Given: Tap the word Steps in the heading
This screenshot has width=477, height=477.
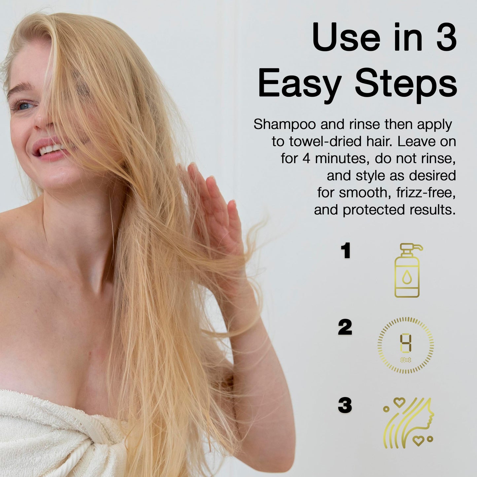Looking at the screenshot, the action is pyautogui.click(x=406, y=85).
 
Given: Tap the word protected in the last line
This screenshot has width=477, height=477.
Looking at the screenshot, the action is pyautogui.click(x=374, y=210).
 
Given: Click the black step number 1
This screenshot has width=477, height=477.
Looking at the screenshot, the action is pyautogui.click(x=346, y=251).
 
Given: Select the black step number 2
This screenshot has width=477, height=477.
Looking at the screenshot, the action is pyautogui.click(x=345, y=327).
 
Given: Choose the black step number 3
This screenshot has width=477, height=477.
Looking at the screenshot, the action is pyautogui.click(x=345, y=405).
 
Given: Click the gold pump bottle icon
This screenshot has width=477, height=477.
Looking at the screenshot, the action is pyautogui.click(x=408, y=271).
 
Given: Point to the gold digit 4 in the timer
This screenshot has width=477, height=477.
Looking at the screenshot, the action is pyautogui.click(x=406, y=343).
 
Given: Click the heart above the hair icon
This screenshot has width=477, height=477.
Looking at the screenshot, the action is pyautogui.click(x=399, y=402).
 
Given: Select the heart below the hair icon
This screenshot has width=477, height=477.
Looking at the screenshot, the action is pyautogui.click(x=419, y=441).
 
